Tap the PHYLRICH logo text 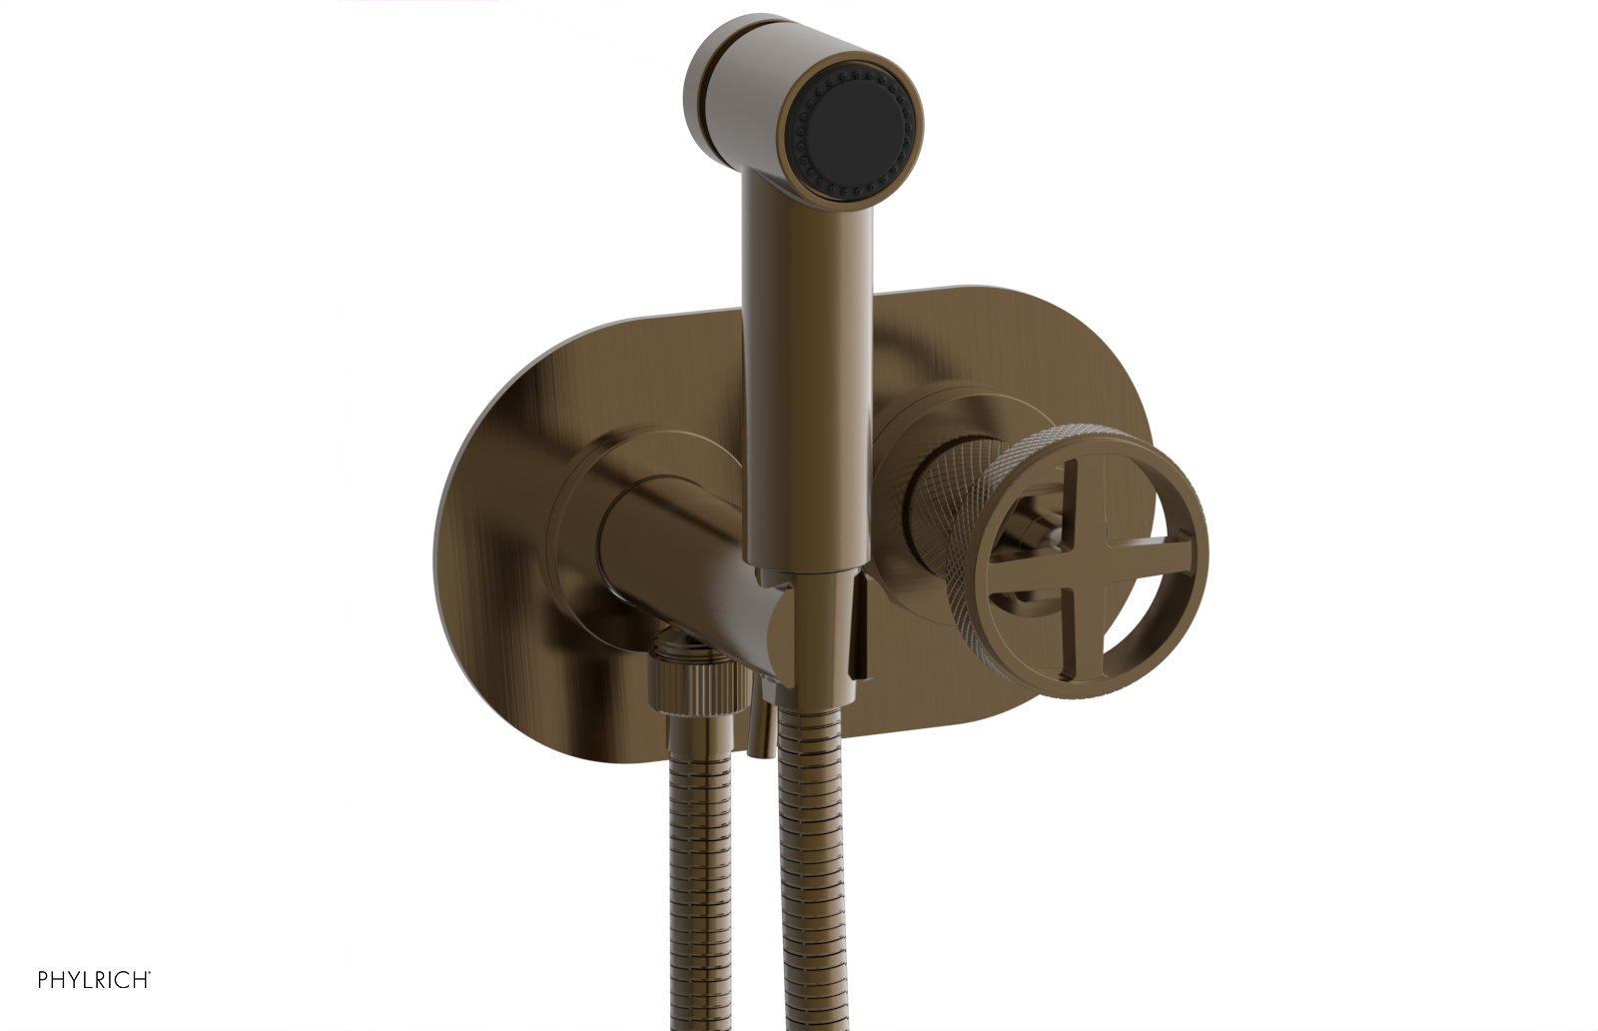pyautogui.click(x=94, y=980)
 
